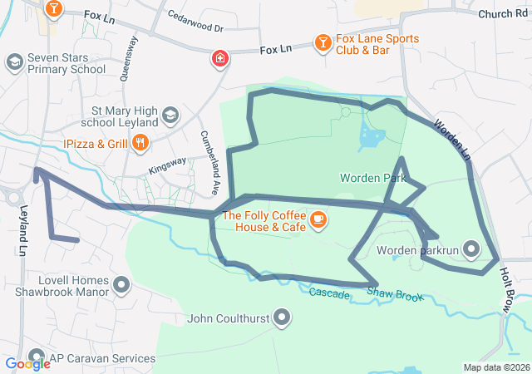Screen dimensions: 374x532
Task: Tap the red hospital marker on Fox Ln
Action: [x=219, y=59]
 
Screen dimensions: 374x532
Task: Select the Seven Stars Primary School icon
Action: [x=14, y=62]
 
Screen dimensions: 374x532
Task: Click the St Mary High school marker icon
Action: [x=170, y=115]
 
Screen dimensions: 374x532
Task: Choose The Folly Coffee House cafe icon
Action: [x=318, y=219]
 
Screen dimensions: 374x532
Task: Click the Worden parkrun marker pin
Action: [x=471, y=249]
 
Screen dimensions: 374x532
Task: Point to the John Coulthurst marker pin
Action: [x=283, y=317]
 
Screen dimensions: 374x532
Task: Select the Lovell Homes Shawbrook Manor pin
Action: [x=121, y=286]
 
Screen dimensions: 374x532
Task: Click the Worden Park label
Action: [x=372, y=178]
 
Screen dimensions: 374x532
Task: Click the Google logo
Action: [x=27, y=363]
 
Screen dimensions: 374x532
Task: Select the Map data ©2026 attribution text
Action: [x=495, y=367]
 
